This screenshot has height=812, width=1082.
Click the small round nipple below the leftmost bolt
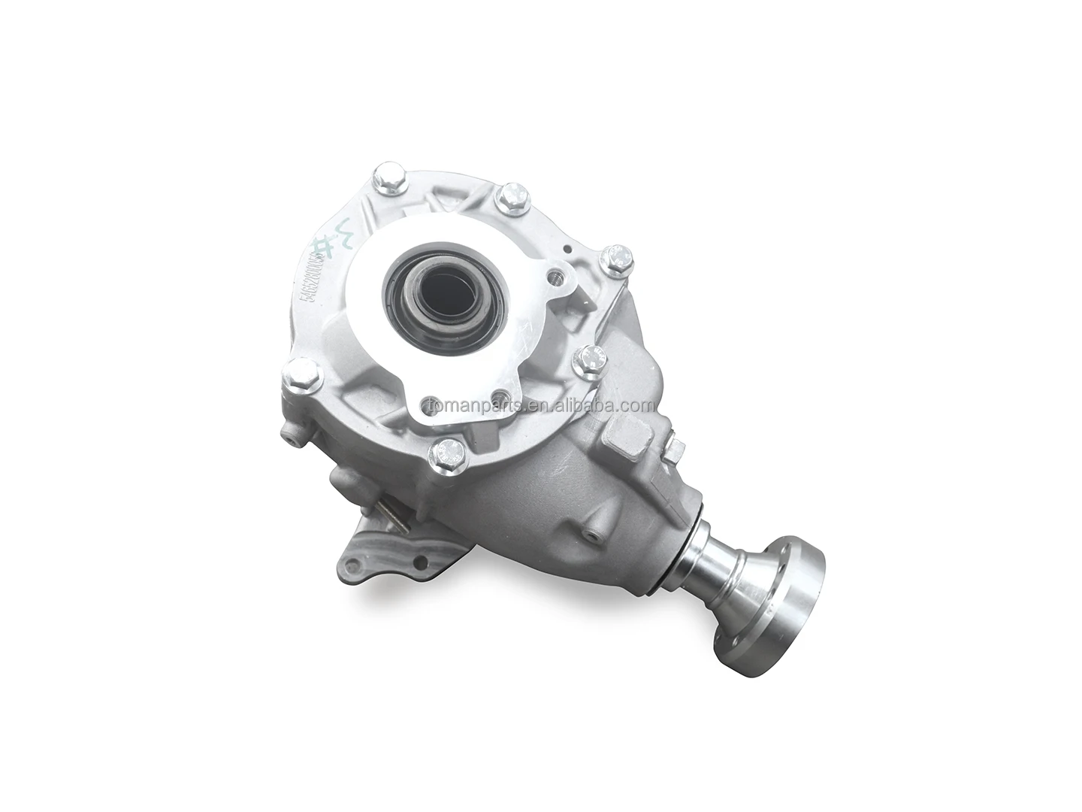point(289,432)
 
